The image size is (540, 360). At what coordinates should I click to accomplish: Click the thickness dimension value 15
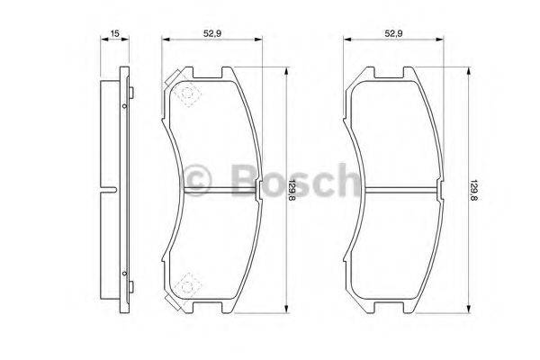(113, 33)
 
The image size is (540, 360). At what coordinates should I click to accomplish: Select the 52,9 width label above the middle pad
(212, 33)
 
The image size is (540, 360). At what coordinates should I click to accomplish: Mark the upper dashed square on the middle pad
(186, 95)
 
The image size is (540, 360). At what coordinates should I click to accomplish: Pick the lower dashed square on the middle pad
(186, 285)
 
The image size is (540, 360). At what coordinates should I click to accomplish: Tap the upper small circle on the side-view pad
(122, 105)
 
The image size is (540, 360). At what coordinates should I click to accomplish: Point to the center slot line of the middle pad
(221, 189)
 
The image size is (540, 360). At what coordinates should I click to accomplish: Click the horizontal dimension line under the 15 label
(113, 40)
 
